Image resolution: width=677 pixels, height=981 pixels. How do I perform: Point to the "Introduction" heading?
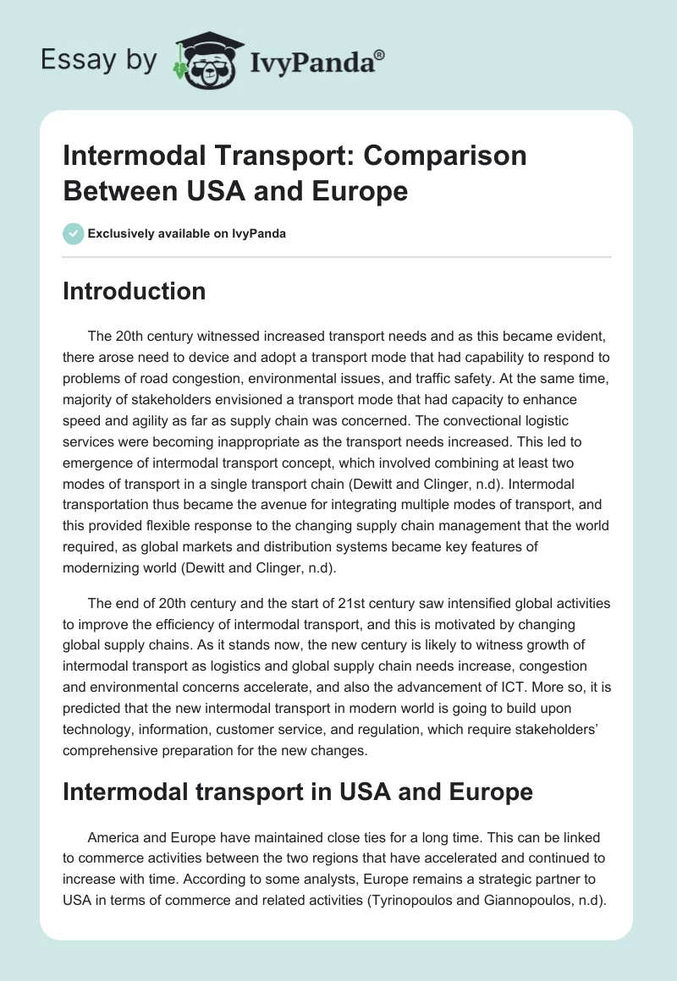pyautogui.click(x=135, y=291)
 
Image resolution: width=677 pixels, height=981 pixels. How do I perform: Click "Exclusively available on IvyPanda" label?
pyautogui.click(x=186, y=233)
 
